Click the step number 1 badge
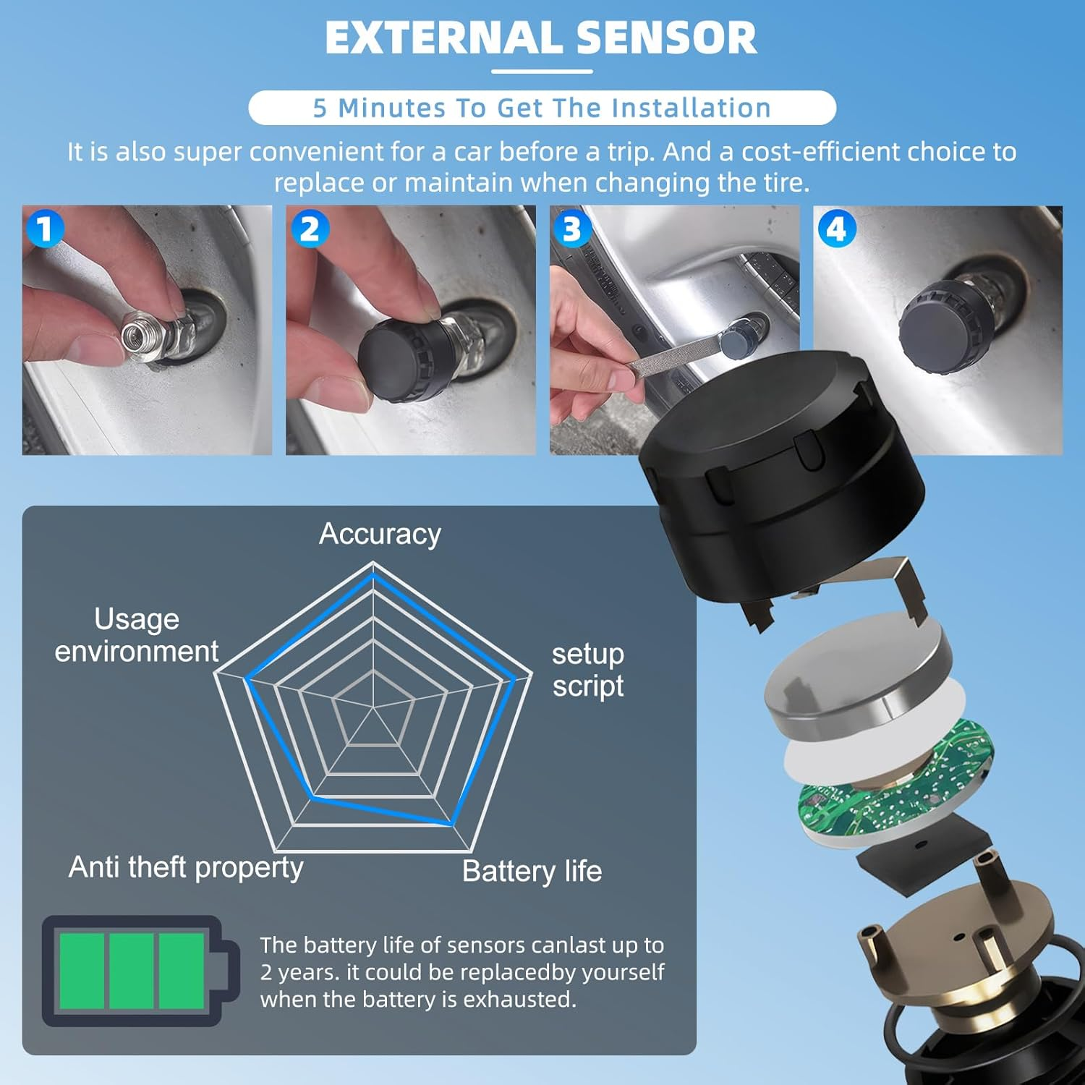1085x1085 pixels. tap(45, 229)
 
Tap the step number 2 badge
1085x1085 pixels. tap(310, 229)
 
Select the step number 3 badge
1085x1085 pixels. tap(572, 229)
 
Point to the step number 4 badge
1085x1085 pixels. tap(836, 229)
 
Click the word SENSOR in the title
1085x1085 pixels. tap(667, 38)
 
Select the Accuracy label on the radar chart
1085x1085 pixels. tap(380, 534)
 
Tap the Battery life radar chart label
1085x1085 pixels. tap(532, 871)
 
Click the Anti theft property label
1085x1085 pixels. tap(186, 867)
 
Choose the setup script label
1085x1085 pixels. tap(588, 670)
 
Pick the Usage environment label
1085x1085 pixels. tap(137, 635)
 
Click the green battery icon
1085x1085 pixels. tap(140, 971)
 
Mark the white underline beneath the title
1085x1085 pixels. tap(542, 72)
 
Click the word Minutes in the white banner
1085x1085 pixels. tap(391, 108)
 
